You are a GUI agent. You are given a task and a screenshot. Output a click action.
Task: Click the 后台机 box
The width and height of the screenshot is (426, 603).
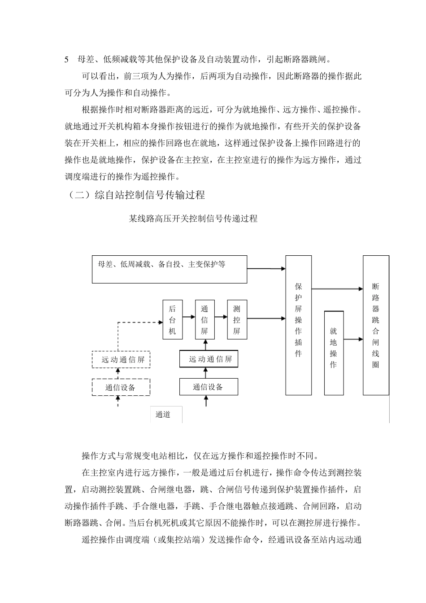click(x=173, y=320)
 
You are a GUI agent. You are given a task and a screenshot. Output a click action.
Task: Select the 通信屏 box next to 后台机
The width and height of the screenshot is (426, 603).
click(x=204, y=320)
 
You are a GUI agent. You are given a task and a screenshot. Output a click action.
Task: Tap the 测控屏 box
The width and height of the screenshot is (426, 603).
click(x=237, y=320)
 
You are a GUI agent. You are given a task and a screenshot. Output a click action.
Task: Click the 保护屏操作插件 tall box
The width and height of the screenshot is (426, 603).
click(x=299, y=325)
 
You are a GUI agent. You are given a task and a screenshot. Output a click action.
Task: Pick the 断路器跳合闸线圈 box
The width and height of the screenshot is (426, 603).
click(x=375, y=325)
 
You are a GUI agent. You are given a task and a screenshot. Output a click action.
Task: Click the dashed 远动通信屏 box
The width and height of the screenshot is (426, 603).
click(x=121, y=359)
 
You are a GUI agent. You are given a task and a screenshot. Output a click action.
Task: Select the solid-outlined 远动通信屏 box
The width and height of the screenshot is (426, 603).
click(x=209, y=359)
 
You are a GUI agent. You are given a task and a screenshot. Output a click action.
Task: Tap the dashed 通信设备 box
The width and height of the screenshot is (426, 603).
click(x=121, y=387)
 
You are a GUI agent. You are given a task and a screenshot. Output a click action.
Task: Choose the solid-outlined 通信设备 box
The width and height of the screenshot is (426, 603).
click(x=209, y=387)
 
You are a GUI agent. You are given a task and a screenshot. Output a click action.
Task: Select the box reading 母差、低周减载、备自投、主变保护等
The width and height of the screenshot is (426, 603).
click(x=169, y=269)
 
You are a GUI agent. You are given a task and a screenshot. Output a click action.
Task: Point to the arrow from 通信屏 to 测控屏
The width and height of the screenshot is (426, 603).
click(x=221, y=317)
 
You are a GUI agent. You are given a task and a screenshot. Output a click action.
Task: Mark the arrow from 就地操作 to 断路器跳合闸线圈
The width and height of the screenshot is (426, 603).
click(x=353, y=340)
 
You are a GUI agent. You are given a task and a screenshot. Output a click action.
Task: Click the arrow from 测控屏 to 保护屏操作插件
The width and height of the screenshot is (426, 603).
click(x=266, y=319)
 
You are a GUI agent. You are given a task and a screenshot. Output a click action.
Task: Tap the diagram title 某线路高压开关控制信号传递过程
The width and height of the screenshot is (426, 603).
click(x=193, y=219)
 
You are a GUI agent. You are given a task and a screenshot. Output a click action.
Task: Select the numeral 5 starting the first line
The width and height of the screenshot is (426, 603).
click(x=67, y=59)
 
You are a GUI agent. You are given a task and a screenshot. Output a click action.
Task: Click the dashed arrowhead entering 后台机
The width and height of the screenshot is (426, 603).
click(x=159, y=321)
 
